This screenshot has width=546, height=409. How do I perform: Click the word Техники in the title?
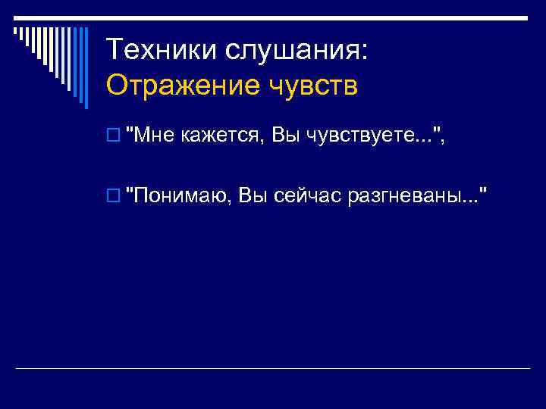click(x=159, y=50)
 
